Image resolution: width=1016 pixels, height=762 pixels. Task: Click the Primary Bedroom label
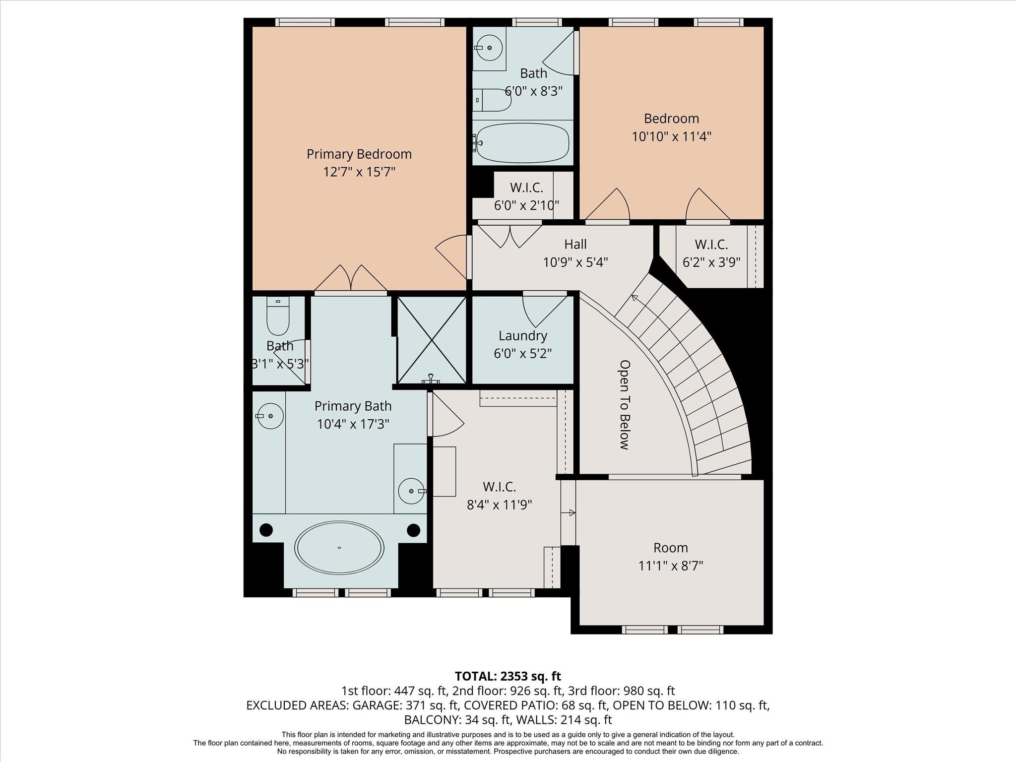359,154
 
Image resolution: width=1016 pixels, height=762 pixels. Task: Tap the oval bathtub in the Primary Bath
339,548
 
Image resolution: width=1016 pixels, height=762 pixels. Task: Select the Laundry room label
523,336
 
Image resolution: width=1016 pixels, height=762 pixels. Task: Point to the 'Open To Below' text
625,405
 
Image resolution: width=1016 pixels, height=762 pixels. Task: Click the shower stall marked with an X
432,340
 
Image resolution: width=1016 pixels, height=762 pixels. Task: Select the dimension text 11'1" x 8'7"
671,566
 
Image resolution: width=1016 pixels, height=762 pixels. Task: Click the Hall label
575,244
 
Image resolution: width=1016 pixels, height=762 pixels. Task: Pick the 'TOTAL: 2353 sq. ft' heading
508,676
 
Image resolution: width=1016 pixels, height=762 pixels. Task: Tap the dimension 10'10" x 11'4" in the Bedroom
672,136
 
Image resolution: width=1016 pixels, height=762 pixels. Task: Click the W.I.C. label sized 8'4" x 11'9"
500,487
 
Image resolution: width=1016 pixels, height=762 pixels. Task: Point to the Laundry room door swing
545,311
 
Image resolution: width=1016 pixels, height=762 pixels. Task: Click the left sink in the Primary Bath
270,416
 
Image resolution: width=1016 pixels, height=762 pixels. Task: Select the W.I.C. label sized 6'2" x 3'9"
711,245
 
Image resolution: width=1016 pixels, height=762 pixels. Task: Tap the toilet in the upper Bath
491,100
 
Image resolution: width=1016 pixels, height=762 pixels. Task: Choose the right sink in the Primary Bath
412,491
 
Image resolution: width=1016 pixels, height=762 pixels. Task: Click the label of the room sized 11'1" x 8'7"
671,548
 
